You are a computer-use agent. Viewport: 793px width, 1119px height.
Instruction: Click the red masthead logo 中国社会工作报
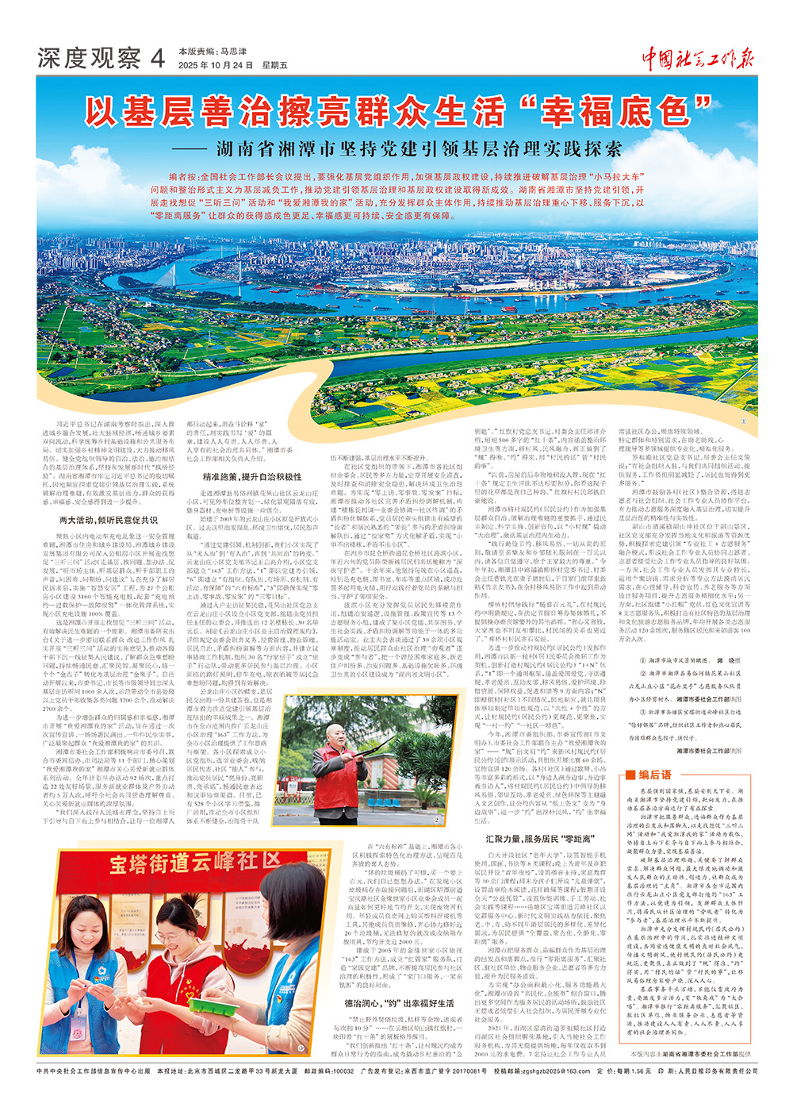[698, 57]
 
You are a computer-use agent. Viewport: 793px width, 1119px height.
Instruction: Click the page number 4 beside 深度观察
[157, 58]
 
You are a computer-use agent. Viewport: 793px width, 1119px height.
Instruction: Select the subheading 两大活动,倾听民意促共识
[109, 520]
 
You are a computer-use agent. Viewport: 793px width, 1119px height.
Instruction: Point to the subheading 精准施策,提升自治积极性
[251, 477]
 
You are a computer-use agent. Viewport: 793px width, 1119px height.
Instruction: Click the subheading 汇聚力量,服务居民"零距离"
[540, 838]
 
